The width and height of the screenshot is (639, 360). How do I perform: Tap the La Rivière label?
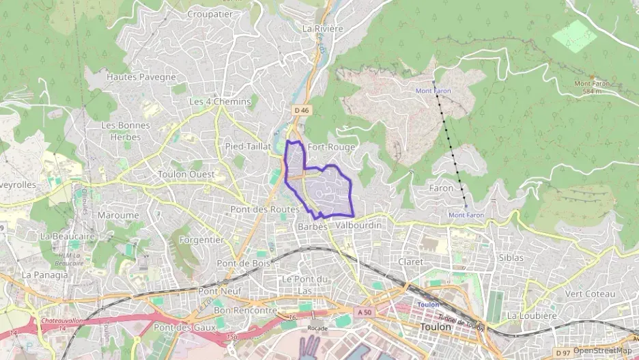[x=322, y=29]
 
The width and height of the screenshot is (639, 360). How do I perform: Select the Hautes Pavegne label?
[x=141, y=77]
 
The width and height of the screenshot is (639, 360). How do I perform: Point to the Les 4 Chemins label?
[x=220, y=102]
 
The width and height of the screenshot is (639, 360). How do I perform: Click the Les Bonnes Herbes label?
[x=121, y=131]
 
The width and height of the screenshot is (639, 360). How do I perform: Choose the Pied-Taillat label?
[x=248, y=147]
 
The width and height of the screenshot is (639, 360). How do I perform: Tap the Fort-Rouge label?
[x=331, y=147]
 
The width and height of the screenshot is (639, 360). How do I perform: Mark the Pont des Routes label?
[x=265, y=209]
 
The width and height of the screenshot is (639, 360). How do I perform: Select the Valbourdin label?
[x=358, y=225]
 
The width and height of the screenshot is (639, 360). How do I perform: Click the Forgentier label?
[x=202, y=240]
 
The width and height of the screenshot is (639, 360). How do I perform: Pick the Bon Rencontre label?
[x=245, y=310]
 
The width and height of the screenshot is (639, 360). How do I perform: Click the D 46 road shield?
[x=302, y=110]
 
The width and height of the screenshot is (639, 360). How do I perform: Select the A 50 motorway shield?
[x=363, y=311]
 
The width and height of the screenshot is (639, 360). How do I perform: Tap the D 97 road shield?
[x=563, y=352]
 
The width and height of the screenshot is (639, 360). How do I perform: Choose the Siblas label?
[x=511, y=258]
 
